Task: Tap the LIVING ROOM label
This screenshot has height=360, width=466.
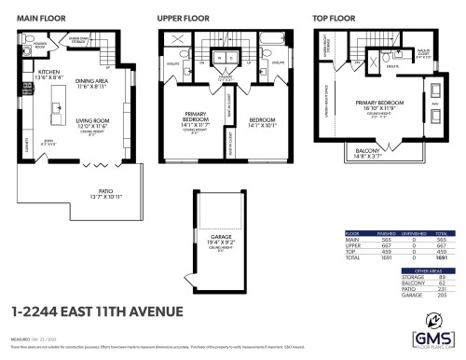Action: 95,122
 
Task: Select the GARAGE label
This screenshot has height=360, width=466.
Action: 220,238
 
